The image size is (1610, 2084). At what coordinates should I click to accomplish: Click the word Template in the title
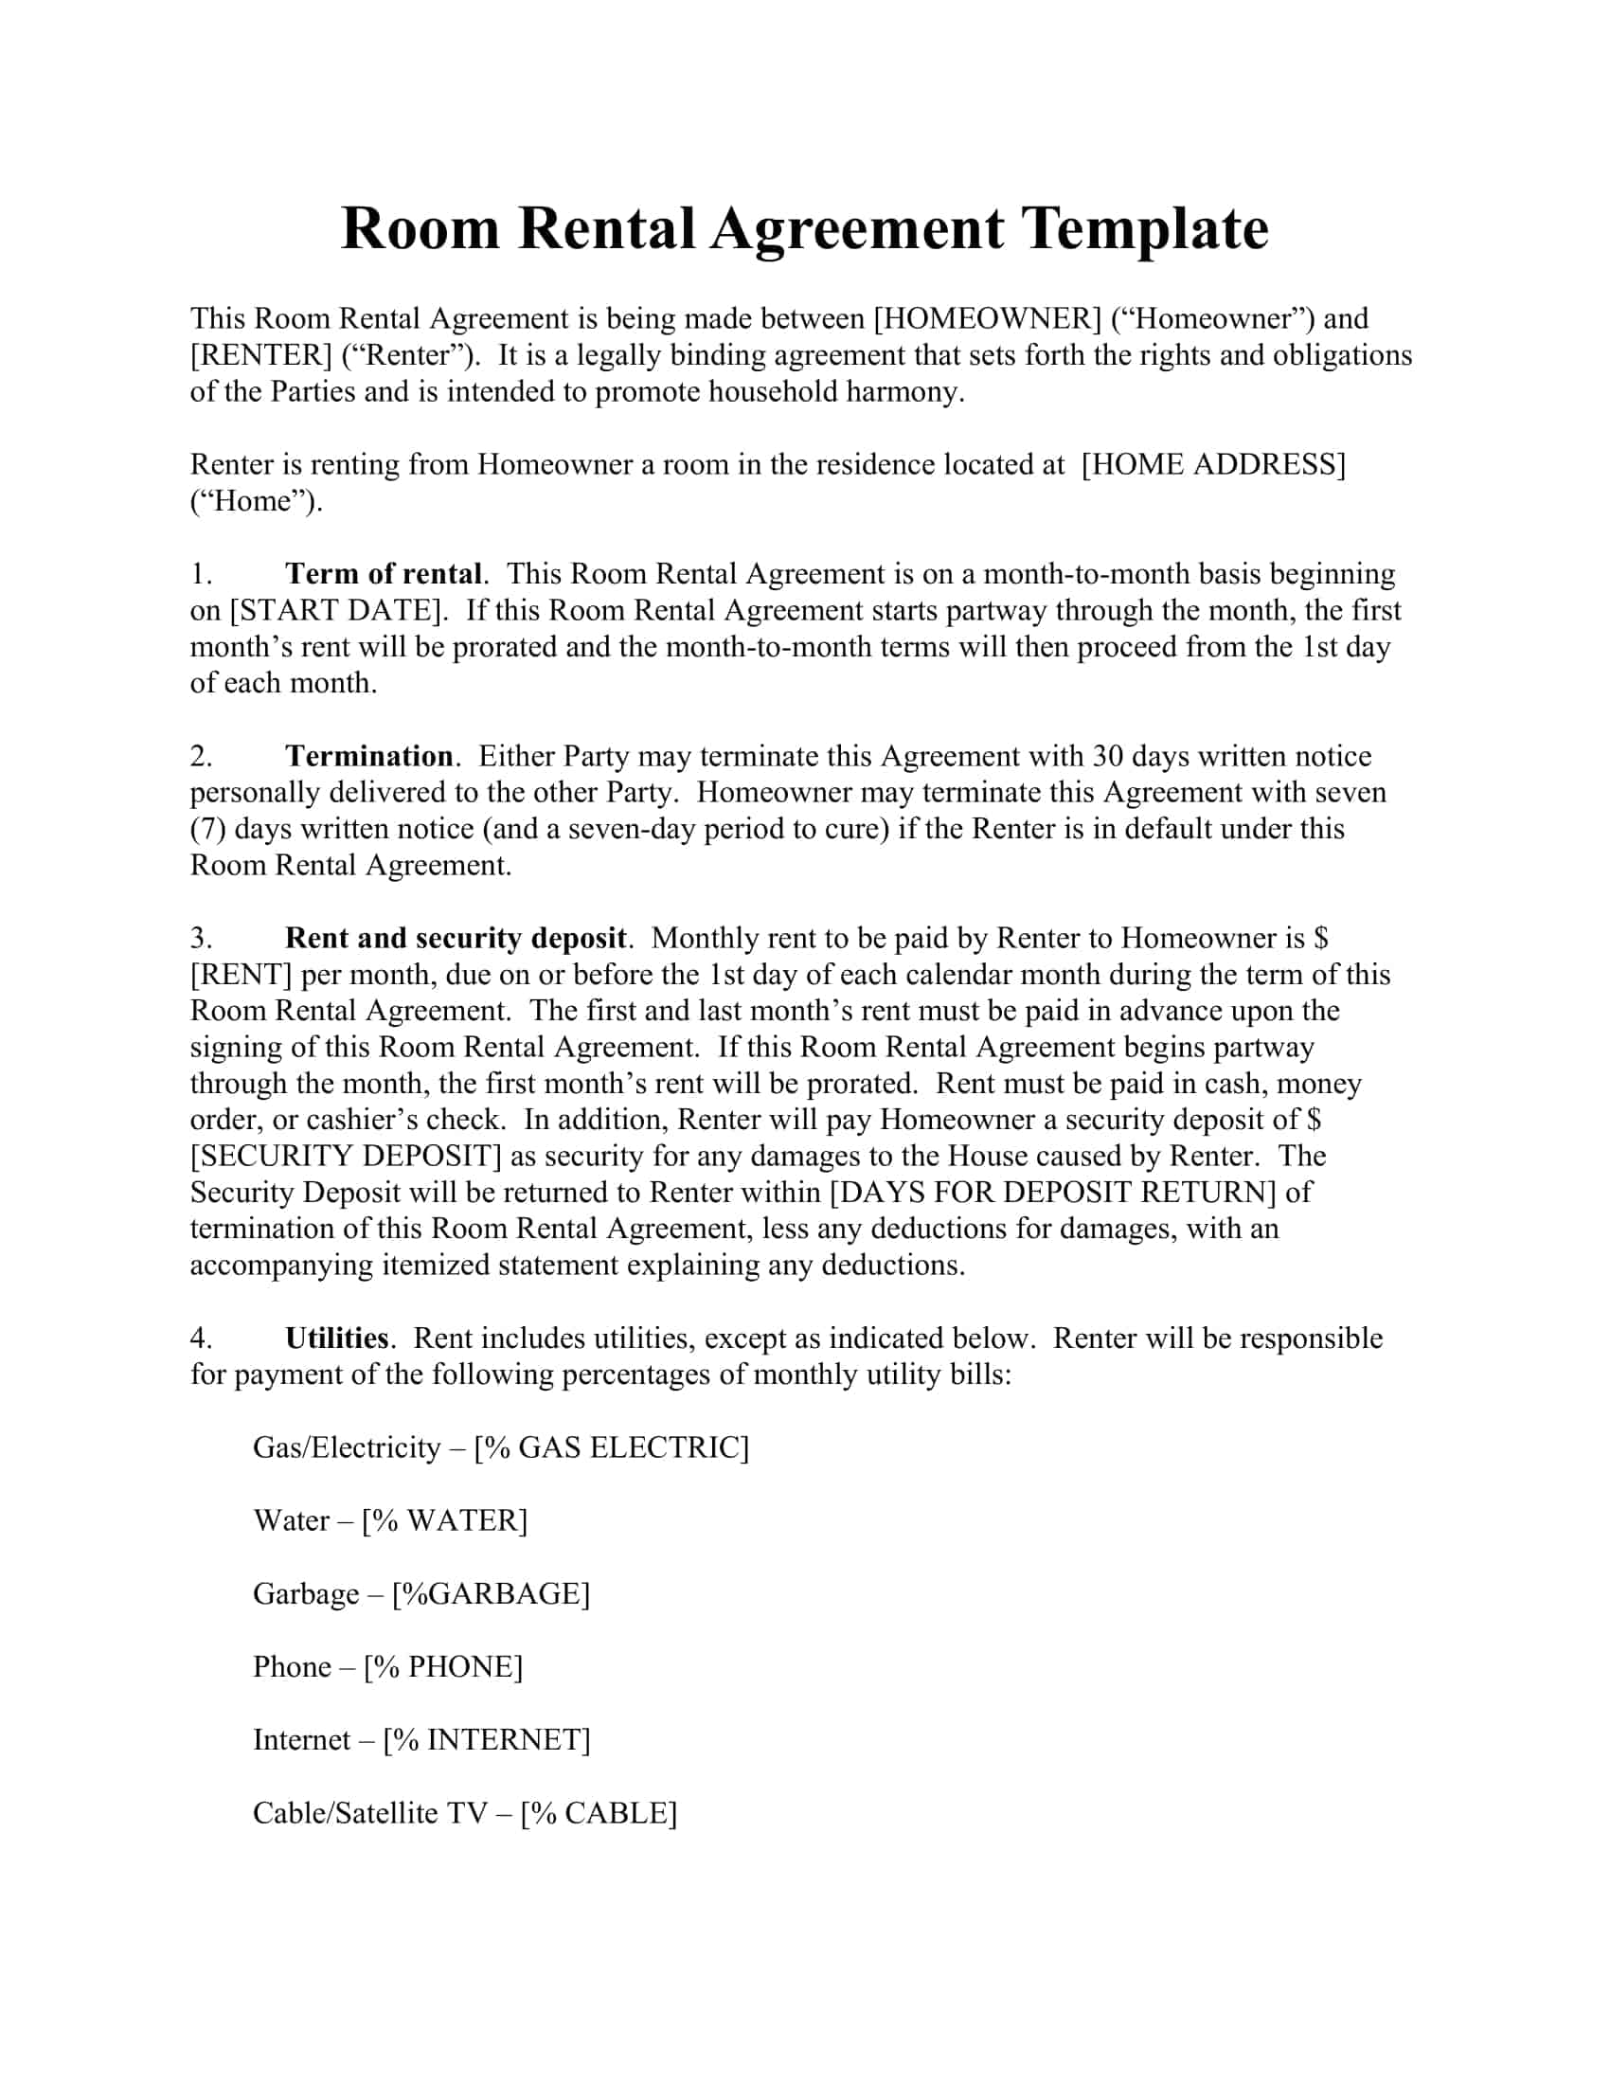[x=1145, y=230]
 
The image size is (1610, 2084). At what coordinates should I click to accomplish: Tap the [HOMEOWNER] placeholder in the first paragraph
[x=987, y=318]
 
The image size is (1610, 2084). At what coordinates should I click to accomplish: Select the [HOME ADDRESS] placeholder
[x=1213, y=465]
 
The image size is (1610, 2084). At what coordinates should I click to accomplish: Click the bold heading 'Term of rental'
[x=384, y=573]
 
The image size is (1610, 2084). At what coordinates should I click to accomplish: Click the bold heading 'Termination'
[x=370, y=756]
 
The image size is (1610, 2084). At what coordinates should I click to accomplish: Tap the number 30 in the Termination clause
[x=1107, y=756]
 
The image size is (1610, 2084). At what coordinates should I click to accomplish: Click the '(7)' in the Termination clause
[x=207, y=828]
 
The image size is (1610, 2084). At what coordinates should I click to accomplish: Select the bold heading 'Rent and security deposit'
[x=456, y=938]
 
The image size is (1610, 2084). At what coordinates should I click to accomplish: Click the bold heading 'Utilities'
[x=337, y=1338]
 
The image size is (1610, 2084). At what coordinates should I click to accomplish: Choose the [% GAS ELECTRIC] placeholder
[x=612, y=1447]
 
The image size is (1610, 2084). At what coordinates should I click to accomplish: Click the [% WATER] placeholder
[x=444, y=1520]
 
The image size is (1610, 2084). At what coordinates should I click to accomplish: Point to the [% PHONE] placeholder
[x=443, y=1666]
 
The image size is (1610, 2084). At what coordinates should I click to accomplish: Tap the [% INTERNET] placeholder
[x=487, y=1739]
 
